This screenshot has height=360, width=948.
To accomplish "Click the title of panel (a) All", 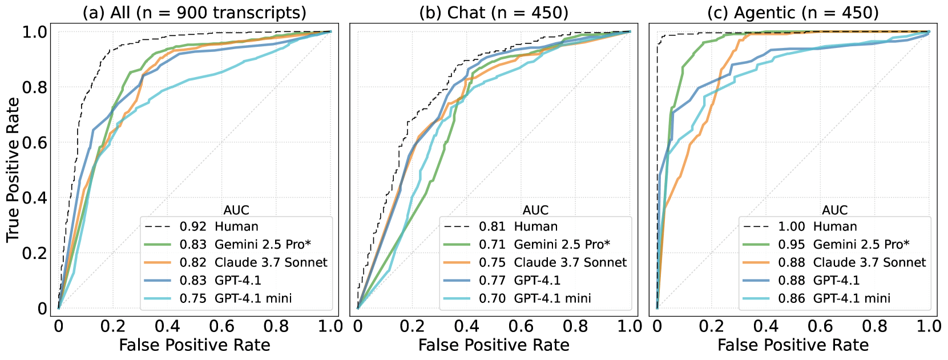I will coord(195,13).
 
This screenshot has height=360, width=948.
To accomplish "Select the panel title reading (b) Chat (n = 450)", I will coord(494,13).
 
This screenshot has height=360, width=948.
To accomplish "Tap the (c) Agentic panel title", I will coord(793,13).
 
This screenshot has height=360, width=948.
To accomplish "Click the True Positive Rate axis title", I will coord(13,169).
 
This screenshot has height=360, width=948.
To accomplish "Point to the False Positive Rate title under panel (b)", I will coord(494,345).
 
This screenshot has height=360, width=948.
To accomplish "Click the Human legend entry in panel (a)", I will coord(236,226).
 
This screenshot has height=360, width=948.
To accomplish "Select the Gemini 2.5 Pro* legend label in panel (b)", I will coord(562,245).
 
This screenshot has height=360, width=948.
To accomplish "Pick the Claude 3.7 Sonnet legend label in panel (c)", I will coord(869,262).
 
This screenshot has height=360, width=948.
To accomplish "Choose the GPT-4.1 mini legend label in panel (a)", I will coord(253,298).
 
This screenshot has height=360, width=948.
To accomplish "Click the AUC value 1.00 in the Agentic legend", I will coord(791,226).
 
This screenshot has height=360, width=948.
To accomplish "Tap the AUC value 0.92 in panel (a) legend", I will coord(193,226).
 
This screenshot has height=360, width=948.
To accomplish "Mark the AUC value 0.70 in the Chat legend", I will coord(492,298).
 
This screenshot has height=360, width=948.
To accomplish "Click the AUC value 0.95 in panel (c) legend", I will coord(791,245).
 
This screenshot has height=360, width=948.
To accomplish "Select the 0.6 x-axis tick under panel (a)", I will coord(221,326).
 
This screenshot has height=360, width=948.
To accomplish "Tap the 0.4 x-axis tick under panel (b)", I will coord(466,326).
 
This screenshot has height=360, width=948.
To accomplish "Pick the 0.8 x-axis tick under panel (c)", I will coord(874,326).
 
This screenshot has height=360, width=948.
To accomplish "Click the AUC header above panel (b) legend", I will coord(535,211).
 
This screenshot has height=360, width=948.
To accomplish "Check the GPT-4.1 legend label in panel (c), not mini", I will coord(836,280).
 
